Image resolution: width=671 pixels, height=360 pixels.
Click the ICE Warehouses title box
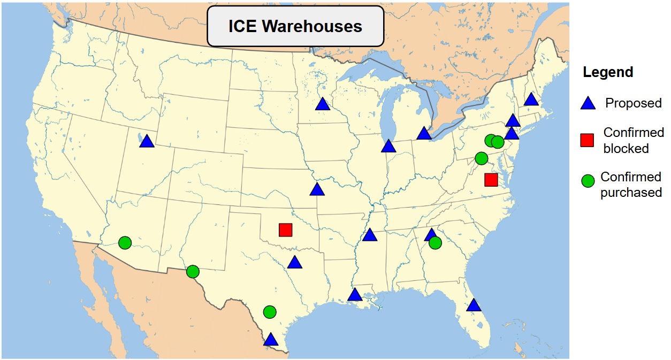click(x=295, y=26)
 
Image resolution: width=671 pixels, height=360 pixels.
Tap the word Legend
click(x=608, y=72)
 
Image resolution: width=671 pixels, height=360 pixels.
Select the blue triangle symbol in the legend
click(x=588, y=104)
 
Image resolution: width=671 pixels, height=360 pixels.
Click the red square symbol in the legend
click(x=588, y=140)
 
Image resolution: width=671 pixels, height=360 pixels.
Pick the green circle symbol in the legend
click(x=588, y=181)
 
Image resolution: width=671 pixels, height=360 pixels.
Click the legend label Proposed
click(x=633, y=103)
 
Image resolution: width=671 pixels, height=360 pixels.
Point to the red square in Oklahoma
click(x=285, y=230)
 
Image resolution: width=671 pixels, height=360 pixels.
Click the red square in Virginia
click(x=491, y=180)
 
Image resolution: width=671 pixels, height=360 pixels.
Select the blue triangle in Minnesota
click(x=322, y=104)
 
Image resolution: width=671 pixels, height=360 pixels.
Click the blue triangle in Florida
click(x=474, y=305)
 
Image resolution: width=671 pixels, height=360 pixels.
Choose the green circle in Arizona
click(x=125, y=243)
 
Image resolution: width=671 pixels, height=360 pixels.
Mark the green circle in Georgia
click(x=435, y=243)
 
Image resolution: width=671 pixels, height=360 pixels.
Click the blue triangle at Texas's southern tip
click(x=271, y=340)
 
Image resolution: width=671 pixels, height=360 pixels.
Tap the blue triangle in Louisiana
click(x=355, y=295)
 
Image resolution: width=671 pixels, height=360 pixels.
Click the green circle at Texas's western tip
click(x=193, y=272)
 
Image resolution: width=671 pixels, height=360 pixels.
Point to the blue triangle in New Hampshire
click(x=530, y=99)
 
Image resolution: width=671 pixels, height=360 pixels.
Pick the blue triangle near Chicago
click(x=388, y=147)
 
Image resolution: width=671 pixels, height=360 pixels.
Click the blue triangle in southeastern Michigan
click(x=424, y=133)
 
